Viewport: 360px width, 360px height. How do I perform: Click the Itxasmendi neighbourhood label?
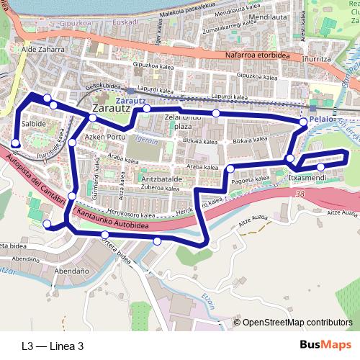tap(307, 177)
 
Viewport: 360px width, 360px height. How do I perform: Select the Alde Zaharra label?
tap(43, 50)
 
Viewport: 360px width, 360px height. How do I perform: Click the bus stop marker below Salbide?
tap(16, 143)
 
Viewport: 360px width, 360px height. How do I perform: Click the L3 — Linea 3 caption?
tap(53, 346)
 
